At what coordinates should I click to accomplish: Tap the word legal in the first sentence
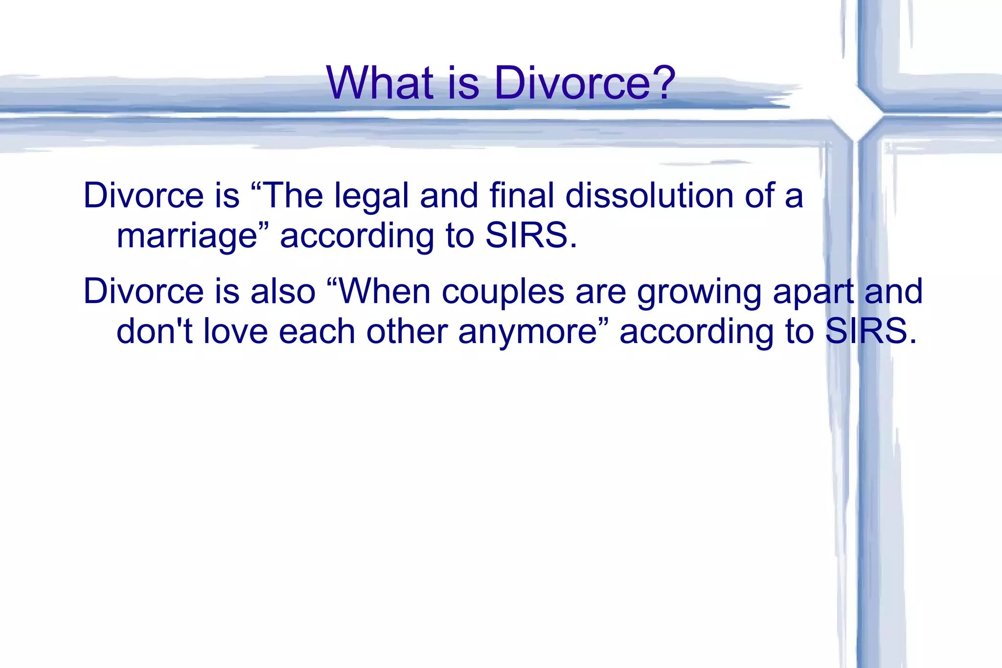(371, 196)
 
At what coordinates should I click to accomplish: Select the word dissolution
(649, 196)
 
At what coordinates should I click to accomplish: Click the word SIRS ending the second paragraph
(866, 331)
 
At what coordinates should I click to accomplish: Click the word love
(235, 331)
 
